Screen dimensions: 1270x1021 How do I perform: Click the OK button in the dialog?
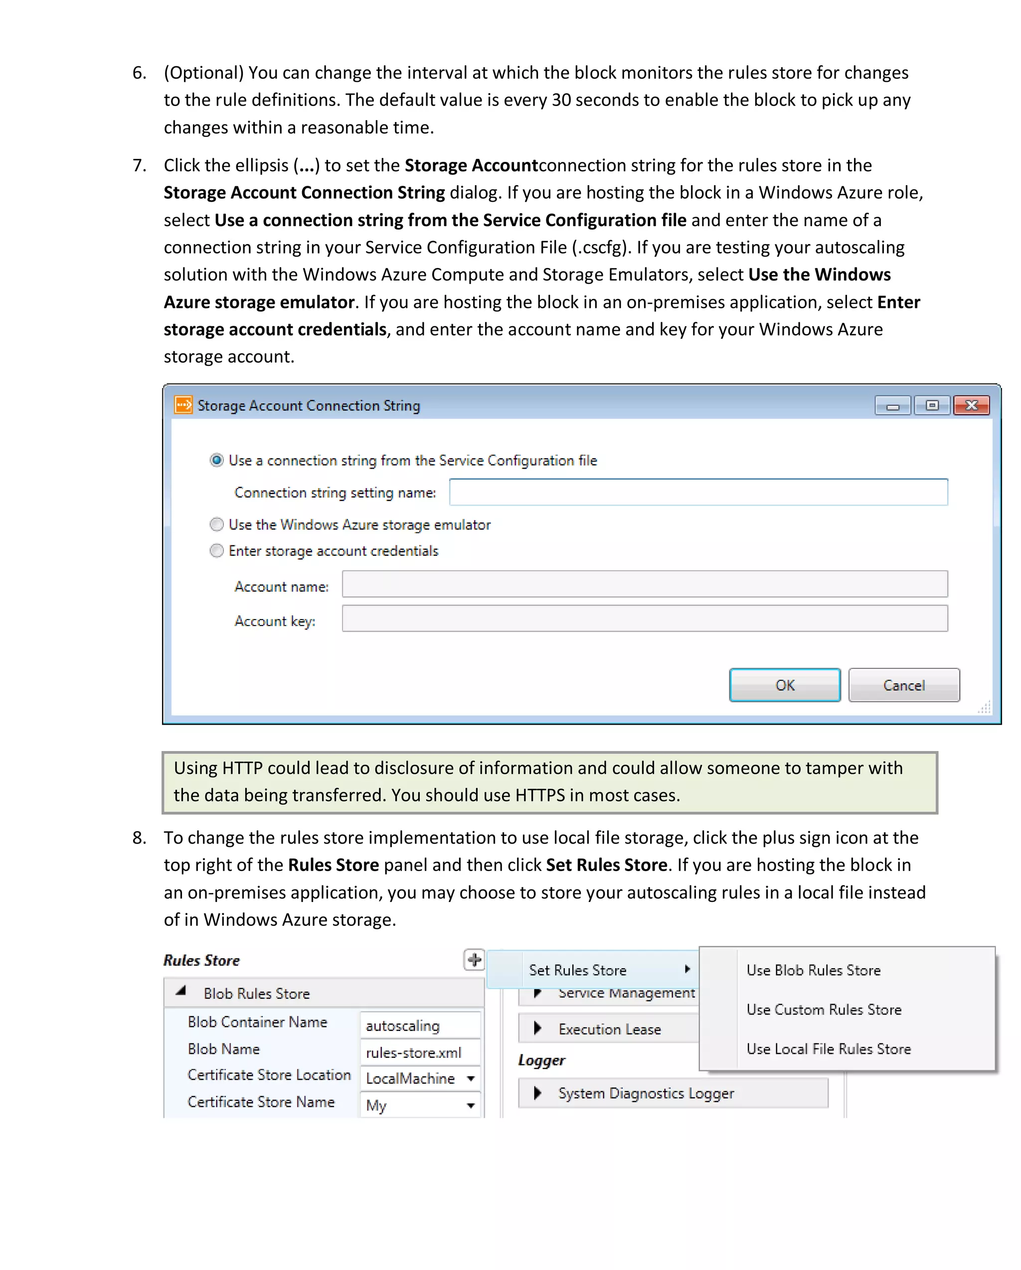(784, 685)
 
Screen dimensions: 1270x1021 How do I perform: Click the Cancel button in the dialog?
(904, 685)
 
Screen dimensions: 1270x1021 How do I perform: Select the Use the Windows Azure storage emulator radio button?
(217, 524)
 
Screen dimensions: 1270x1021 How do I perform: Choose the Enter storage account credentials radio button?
(217, 551)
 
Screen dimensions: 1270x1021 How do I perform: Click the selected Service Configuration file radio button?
(217, 460)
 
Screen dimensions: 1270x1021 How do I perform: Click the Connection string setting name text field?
(698, 492)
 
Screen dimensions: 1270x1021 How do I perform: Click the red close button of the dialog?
(971, 405)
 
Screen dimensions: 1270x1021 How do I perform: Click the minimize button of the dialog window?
(892, 405)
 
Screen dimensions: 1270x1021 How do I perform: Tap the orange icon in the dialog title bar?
(183, 405)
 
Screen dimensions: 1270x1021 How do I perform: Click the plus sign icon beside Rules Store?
(474, 960)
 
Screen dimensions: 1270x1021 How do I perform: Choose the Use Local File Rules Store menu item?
(828, 1048)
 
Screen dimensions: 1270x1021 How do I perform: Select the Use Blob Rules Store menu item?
(813, 970)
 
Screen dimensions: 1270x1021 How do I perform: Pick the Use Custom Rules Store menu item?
(824, 1010)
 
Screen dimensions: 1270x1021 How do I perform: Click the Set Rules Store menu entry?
(578, 970)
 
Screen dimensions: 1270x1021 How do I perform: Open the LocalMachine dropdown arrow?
(471, 1079)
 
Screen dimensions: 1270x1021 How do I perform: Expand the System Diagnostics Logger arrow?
(537, 1093)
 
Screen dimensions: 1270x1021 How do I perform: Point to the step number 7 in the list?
(139, 165)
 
